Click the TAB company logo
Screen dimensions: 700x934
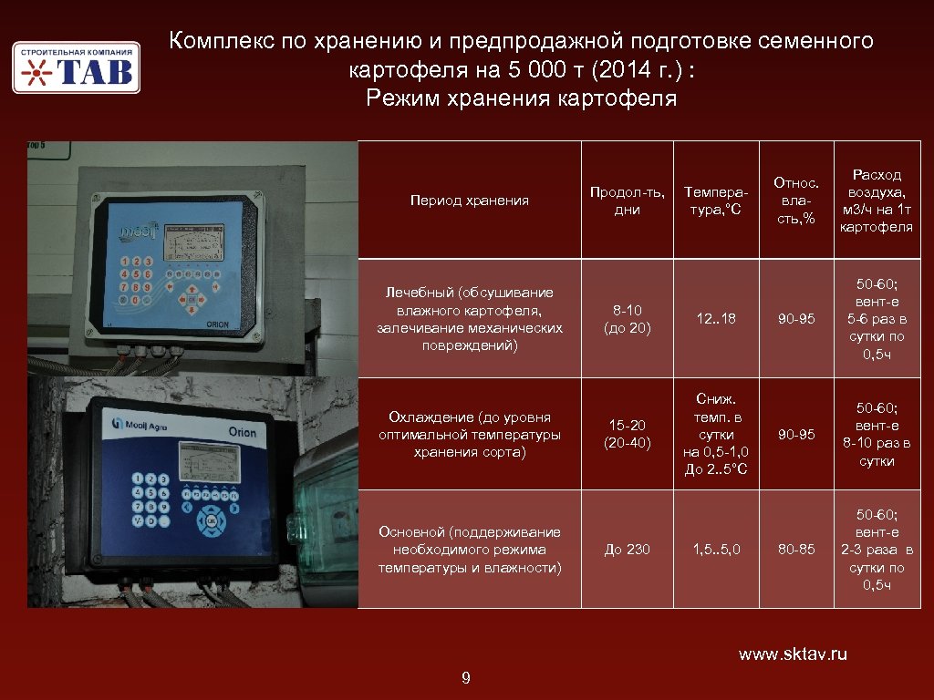coord(76,67)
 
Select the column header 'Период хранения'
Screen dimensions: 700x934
coord(470,201)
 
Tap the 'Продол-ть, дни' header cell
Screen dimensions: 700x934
coord(627,201)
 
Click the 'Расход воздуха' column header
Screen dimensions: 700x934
coord(877,200)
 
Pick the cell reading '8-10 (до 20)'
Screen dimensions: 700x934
coord(627,318)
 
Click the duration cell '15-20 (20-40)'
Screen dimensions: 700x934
coord(627,434)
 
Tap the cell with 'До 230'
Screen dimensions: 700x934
coord(627,550)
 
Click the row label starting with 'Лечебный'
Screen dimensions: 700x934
coord(470,318)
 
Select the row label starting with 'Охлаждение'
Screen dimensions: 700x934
coord(470,434)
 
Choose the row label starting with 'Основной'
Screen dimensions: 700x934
coord(470,550)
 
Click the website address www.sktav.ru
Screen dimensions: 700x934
coord(793,654)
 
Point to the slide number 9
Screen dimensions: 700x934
coord(466,677)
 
